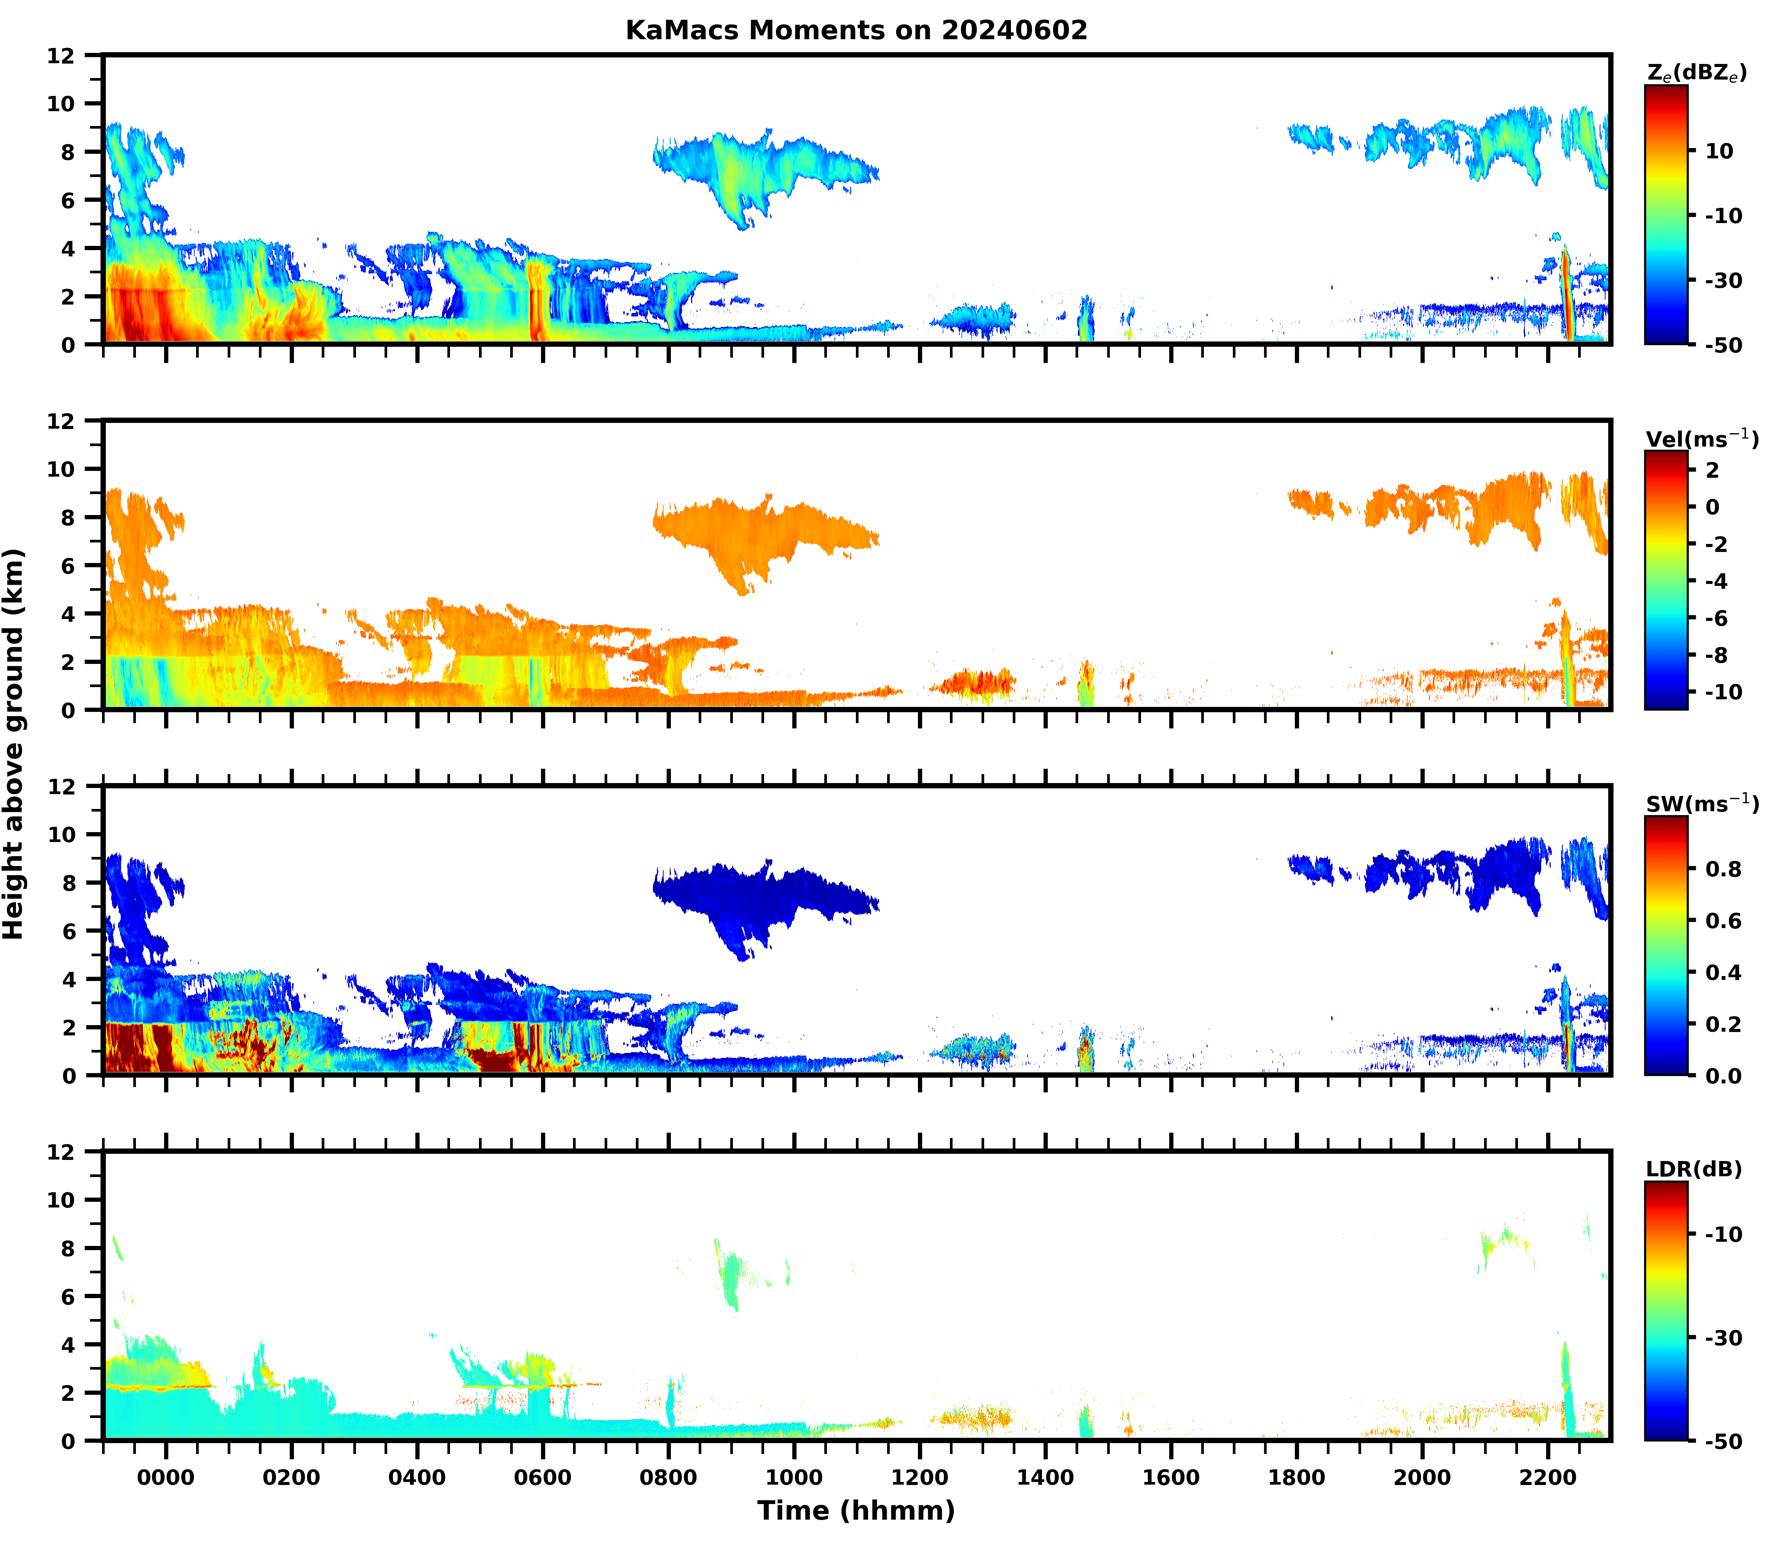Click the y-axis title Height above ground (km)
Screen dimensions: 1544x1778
pos(14,743)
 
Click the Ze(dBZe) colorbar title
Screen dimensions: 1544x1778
pos(1696,73)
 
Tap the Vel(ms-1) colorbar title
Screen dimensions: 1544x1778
pos(1701,439)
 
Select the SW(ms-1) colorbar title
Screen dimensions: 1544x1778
pos(1701,804)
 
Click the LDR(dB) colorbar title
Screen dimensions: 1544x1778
pos(1693,1169)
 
